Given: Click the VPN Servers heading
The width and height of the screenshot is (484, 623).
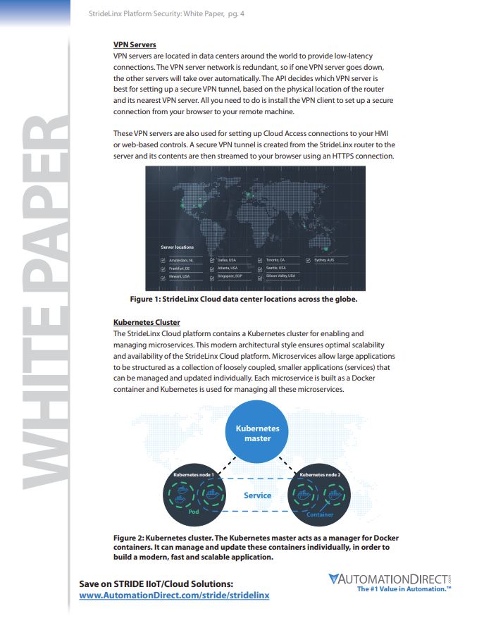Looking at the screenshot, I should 135,45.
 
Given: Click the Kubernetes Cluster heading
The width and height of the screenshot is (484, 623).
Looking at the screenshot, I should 147,323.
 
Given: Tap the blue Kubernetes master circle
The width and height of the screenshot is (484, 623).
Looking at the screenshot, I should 257,433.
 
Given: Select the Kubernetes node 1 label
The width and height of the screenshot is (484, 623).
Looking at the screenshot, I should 193,475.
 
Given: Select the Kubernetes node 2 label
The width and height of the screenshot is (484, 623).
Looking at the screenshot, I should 320,475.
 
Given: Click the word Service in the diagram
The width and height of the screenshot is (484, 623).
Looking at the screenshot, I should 257,495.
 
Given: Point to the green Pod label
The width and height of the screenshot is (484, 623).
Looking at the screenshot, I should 194,512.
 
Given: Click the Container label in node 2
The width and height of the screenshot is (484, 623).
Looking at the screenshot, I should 320,514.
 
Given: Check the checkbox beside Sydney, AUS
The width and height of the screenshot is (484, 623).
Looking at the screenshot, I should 309,260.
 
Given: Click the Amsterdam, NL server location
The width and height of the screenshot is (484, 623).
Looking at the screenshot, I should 182,260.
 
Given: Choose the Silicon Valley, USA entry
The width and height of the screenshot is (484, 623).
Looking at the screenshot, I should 280,277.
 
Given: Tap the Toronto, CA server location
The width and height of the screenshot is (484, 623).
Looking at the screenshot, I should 275,260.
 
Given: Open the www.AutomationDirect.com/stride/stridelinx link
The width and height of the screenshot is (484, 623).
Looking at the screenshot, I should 174,596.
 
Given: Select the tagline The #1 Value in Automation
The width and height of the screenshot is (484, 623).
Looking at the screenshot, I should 404,589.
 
